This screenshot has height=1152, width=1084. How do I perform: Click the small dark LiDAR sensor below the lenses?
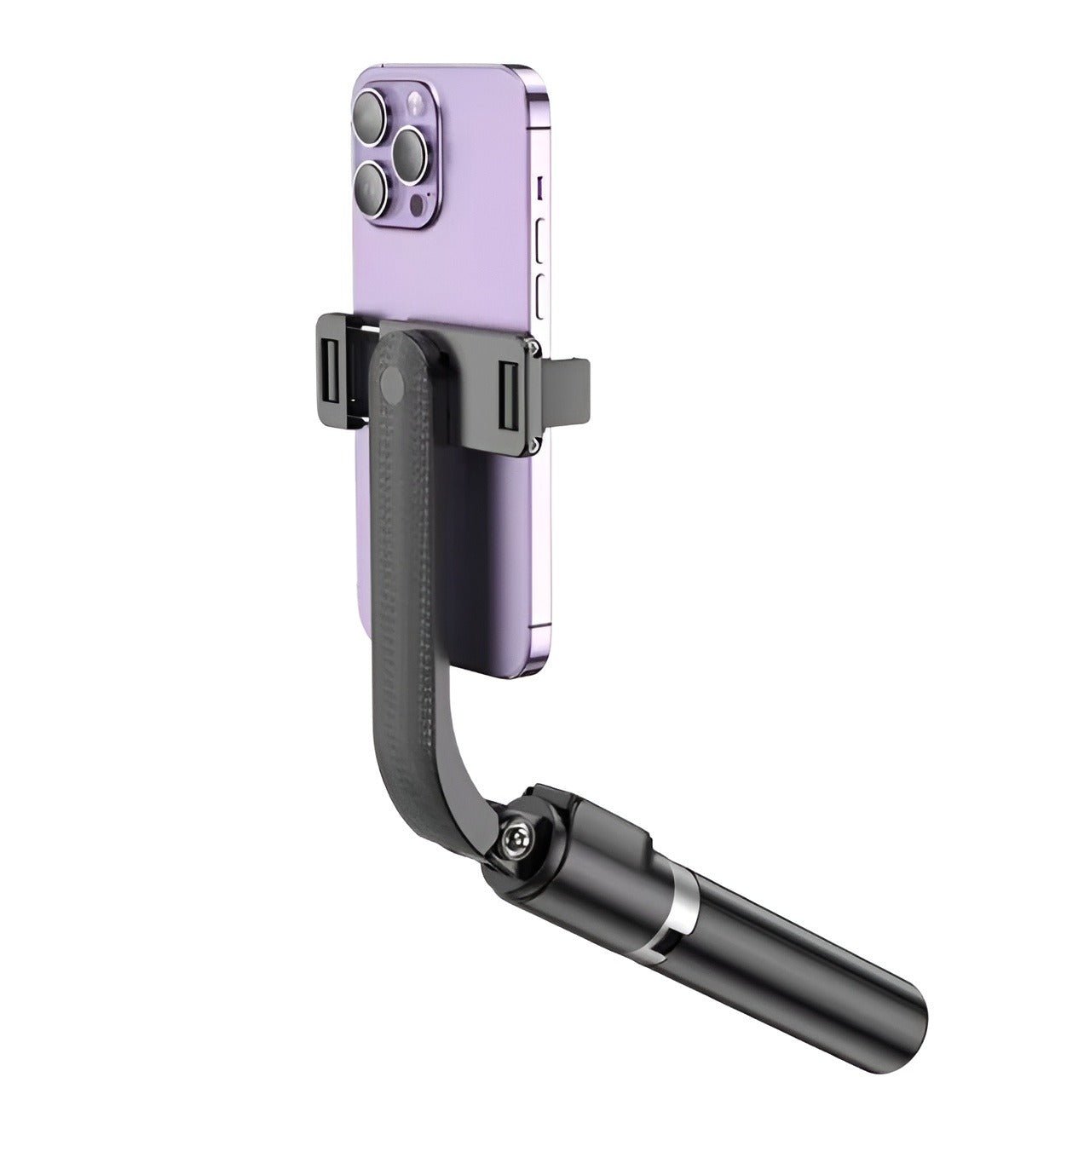click(415, 207)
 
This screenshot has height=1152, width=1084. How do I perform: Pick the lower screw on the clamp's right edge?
click(533, 443)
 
